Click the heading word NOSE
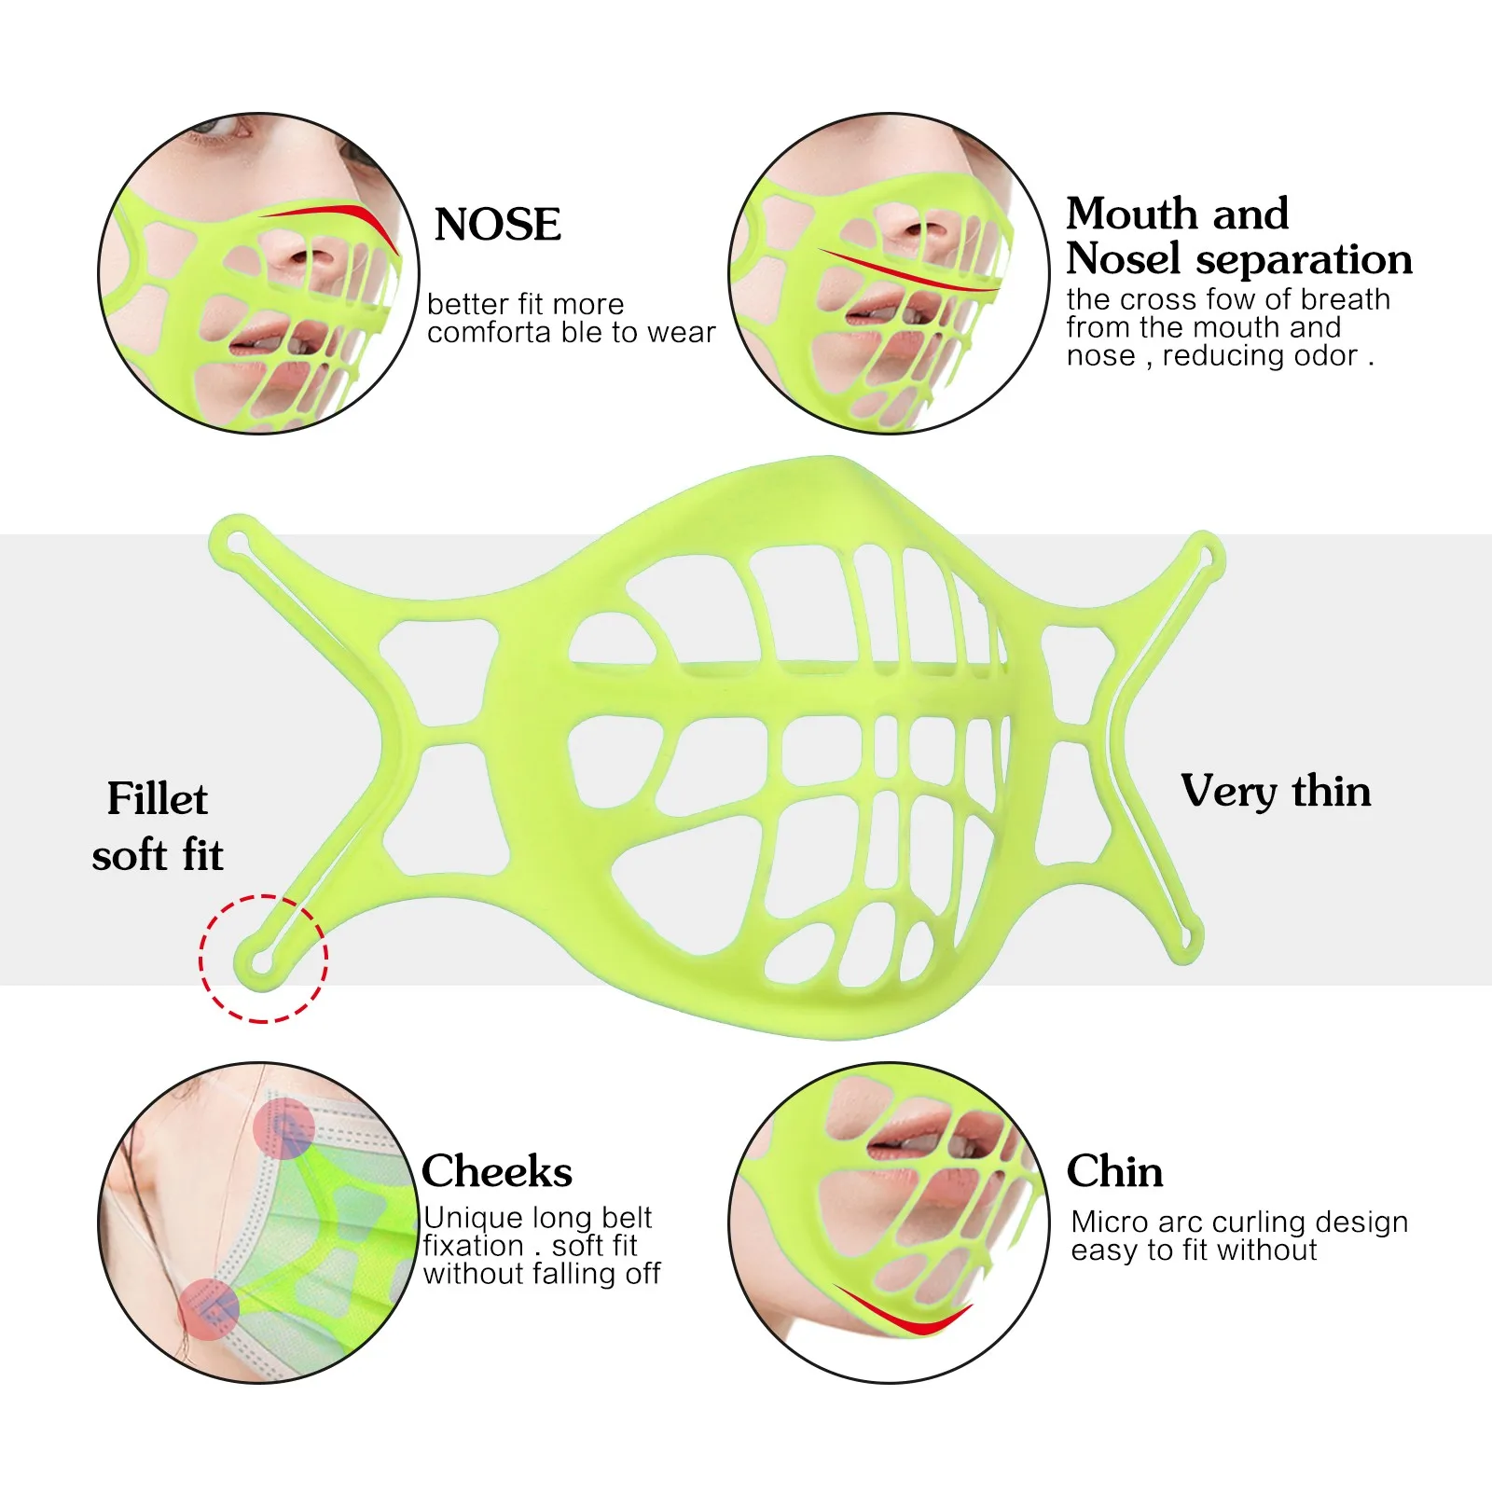(498, 225)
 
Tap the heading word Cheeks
(496, 1172)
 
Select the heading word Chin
(1114, 1172)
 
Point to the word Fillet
(157, 799)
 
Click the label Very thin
(1276, 792)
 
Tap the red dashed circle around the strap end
(263, 958)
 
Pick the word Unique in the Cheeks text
(472, 1218)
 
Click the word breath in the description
(1345, 300)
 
